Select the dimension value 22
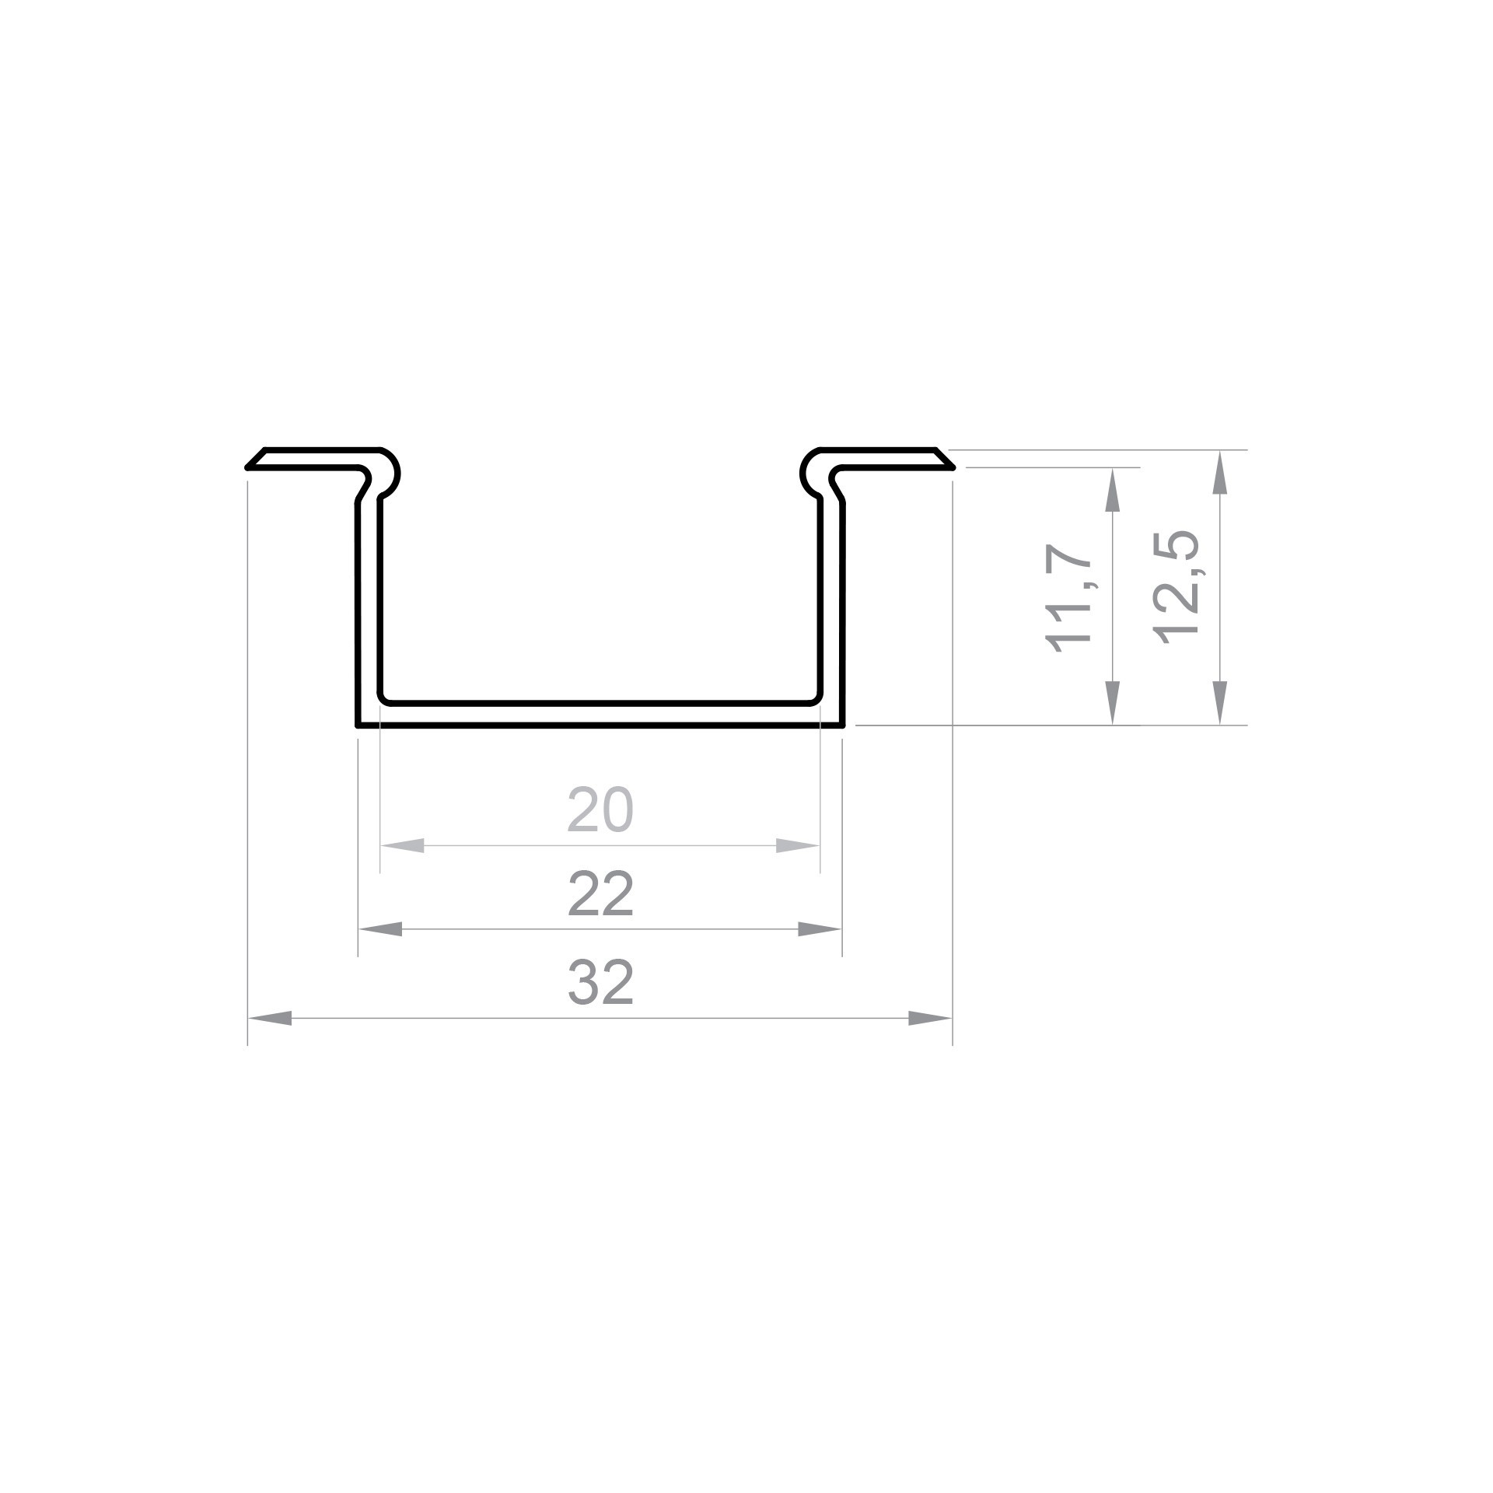tap(600, 894)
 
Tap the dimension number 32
tap(600, 982)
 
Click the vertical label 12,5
tap(1176, 587)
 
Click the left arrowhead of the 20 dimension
tap(402, 845)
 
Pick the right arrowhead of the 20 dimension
tap(798, 845)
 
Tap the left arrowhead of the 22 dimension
tap(380, 928)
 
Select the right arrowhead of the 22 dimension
tap(820, 928)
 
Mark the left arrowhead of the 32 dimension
tap(270, 1018)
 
